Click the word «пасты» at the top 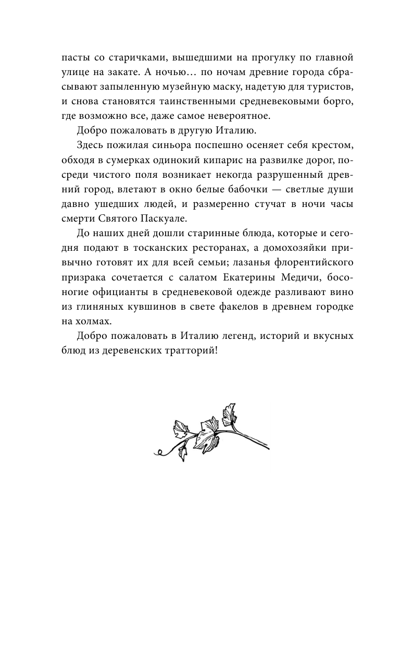[x=75, y=56]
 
